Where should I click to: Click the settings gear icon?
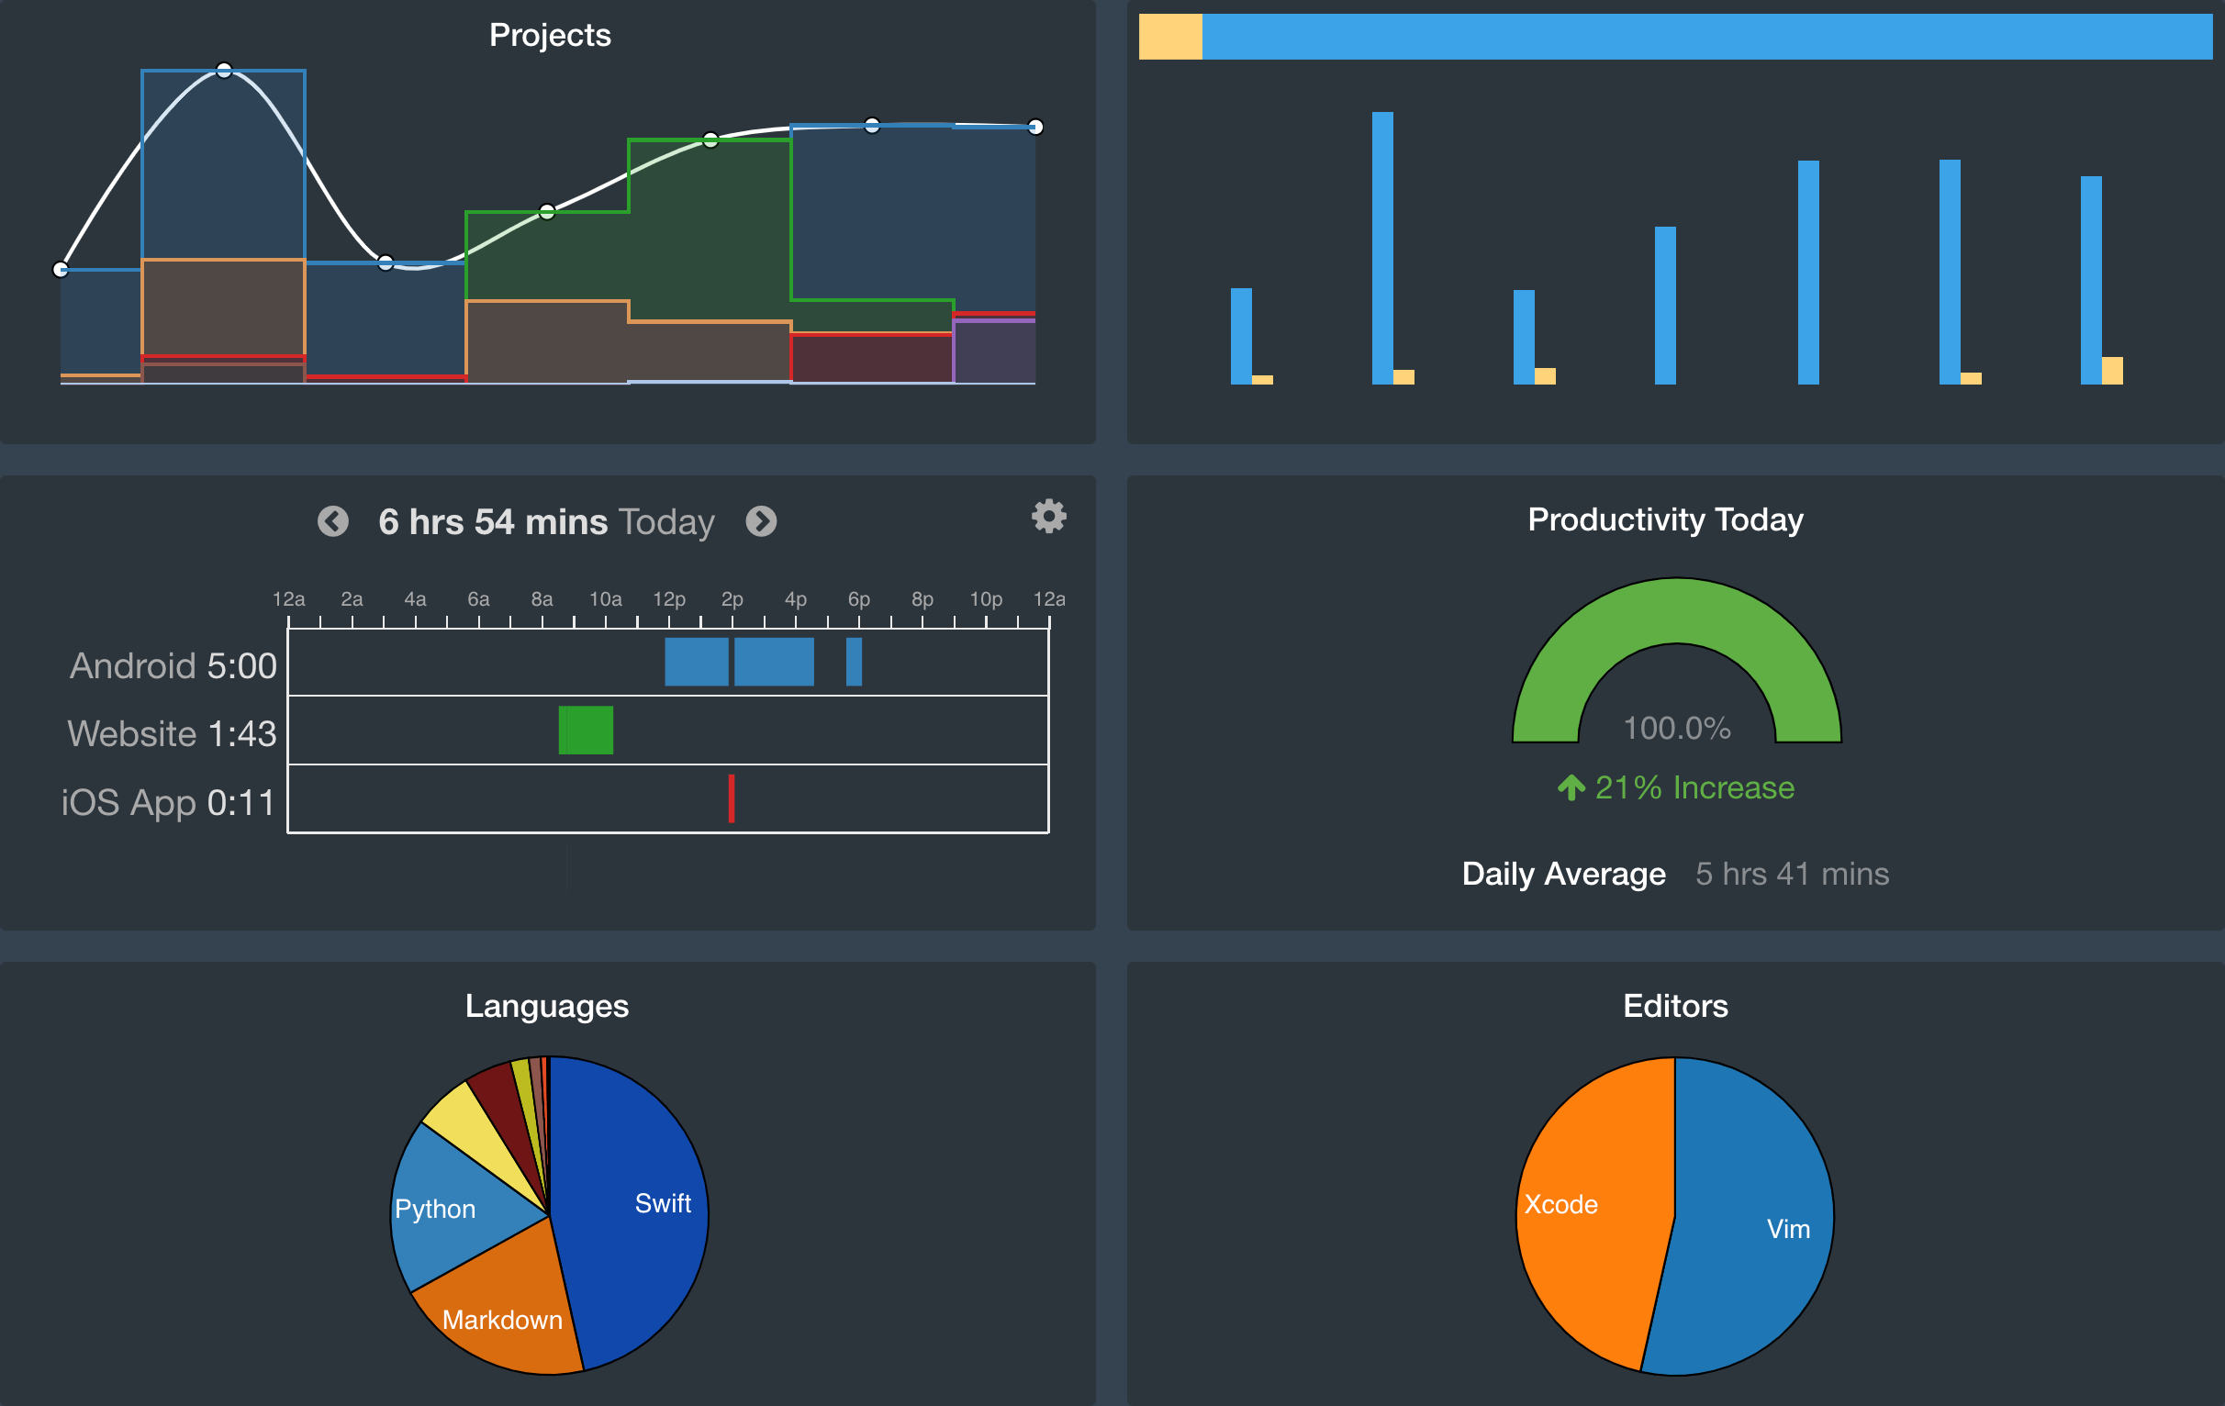1049,517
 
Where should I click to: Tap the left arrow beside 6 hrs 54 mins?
333,521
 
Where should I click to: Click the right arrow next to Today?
761,521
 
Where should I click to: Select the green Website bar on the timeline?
586,730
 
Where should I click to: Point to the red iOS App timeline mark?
731,798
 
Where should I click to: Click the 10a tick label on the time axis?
605,598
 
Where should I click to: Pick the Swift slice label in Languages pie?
663,1203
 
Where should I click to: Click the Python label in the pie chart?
434,1209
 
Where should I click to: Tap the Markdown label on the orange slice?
502,1319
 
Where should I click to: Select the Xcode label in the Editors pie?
1560,1204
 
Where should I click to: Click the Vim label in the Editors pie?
1788,1229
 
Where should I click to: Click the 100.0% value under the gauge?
1676,728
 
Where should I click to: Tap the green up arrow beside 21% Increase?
1571,787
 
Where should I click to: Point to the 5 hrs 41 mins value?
1792,873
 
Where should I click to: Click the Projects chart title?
550,35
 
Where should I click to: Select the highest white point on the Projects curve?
224,70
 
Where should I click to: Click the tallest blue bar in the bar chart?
1382,248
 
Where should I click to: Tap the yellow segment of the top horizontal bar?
1169,37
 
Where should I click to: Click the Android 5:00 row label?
173,665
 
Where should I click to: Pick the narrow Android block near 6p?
854,662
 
